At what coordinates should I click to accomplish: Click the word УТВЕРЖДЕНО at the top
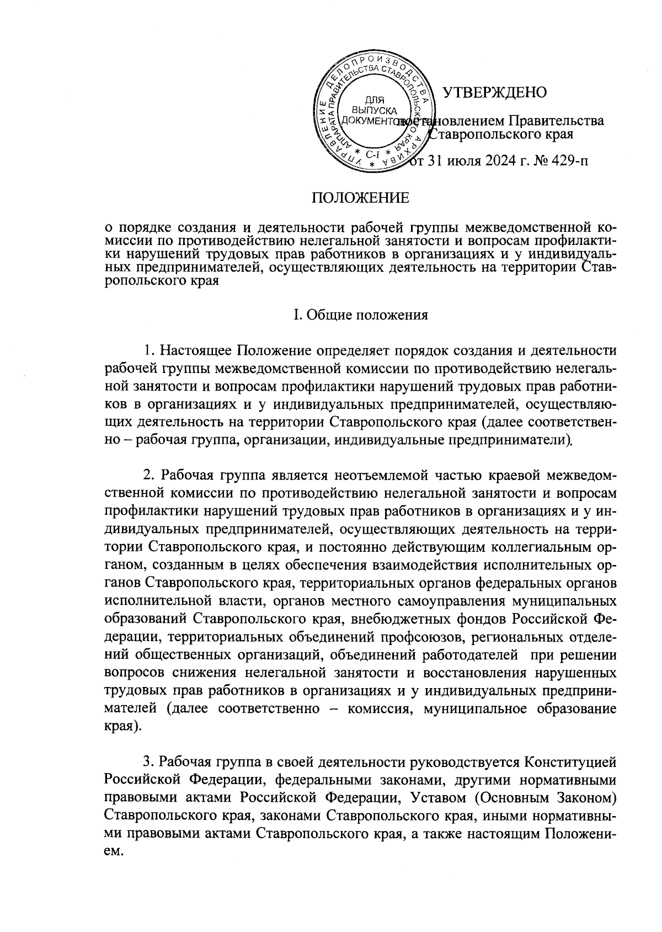[495, 92]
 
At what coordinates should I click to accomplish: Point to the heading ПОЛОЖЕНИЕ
[361, 198]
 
